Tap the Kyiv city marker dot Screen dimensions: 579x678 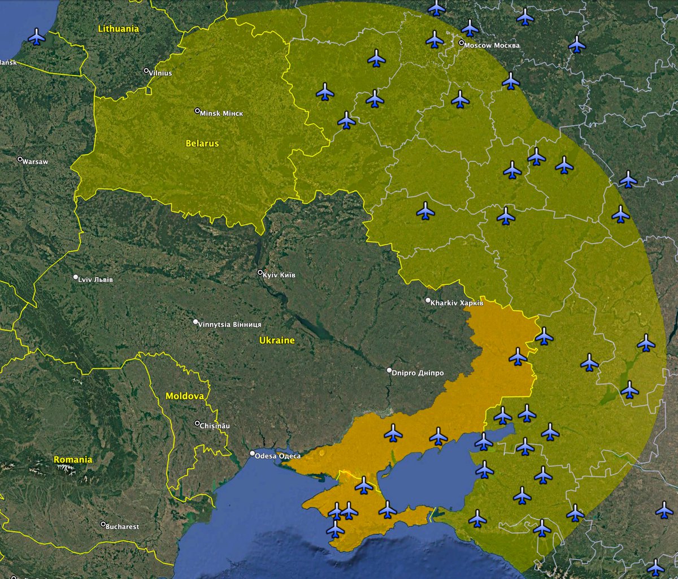[260, 273]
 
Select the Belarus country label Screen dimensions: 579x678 [202, 144]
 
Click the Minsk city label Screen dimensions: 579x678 [221, 114]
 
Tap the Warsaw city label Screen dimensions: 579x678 [35, 162]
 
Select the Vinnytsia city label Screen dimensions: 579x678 [229, 325]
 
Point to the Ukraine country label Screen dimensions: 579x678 [277, 340]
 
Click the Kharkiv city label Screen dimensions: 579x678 [457, 303]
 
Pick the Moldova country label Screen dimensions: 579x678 [184, 396]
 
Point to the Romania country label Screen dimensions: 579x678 [73, 460]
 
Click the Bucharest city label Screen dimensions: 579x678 [123, 527]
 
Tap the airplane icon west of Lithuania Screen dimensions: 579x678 [37, 37]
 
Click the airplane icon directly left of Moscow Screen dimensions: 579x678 [434, 39]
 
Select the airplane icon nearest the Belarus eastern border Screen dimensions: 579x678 [346, 120]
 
